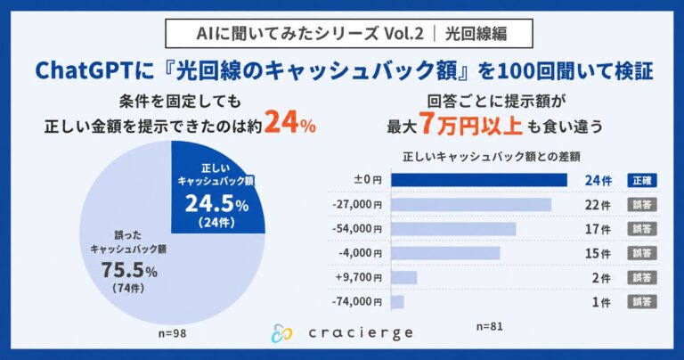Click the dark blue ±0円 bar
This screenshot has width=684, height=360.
pos(479,180)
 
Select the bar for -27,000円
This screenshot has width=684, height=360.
pos(471,205)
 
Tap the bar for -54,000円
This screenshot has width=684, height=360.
pos(453,229)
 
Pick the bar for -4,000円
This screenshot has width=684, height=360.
pos(445,253)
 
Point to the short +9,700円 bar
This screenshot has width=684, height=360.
pos(404,277)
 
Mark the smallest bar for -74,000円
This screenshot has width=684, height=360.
pos(397,302)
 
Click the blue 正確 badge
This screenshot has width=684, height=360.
pos(642,180)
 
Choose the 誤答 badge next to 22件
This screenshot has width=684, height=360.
pos(642,205)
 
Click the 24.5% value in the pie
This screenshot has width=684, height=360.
pos(216,203)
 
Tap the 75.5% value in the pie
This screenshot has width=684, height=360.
pos(129,270)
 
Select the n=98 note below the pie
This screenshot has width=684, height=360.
pos(172,333)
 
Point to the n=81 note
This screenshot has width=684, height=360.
pos(490,326)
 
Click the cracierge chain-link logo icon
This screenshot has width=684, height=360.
pos(281,333)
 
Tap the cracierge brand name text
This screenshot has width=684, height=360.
pos(361,333)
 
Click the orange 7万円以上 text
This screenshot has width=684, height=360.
pos(470,125)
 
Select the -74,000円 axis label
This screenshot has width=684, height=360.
pos(357,302)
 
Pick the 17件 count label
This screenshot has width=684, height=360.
pos(598,229)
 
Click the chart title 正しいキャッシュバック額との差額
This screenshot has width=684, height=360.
pos(492,156)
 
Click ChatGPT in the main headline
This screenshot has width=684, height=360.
pos(84,71)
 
